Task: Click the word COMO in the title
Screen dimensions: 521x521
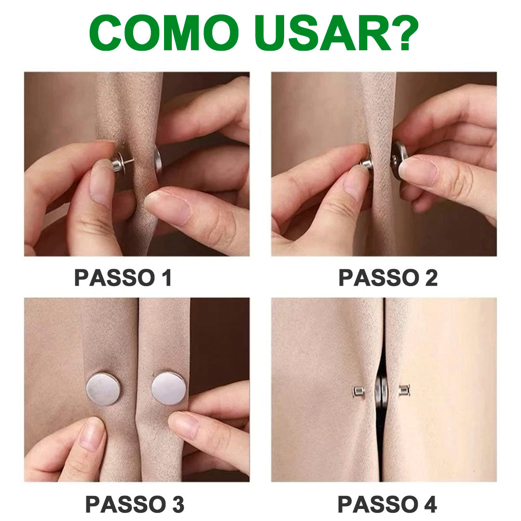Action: pos(164,33)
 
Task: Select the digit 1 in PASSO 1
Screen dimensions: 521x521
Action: pos(166,277)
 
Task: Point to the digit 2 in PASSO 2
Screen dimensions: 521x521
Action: pos(431,277)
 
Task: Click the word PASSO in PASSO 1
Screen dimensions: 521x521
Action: pos(115,277)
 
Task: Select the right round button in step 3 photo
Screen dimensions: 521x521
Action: pos(169,389)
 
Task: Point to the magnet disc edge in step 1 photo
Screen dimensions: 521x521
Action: pos(158,162)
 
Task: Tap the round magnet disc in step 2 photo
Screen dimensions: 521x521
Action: pos(398,160)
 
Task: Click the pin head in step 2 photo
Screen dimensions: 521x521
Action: pos(367,163)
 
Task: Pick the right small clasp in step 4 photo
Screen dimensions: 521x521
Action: pos(404,390)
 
